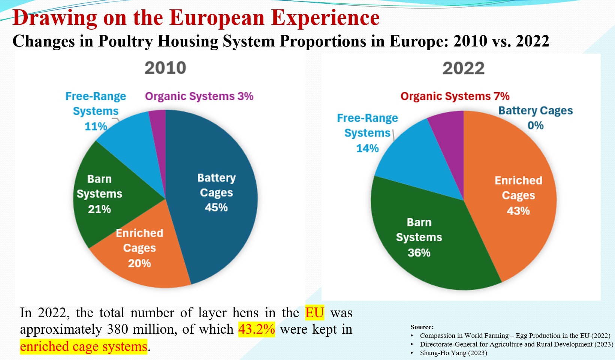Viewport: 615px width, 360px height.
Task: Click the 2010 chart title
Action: pyautogui.click(x=165, y=68)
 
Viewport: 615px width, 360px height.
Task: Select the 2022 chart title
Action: pyautogui.click(x=463, y=68)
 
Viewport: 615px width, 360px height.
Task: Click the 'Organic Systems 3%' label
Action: pyautogui.click(x=199, y=96)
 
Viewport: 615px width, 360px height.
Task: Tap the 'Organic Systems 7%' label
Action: pyautogui.click(x=455, y=96)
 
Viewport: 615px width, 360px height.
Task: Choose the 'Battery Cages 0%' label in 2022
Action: pyautogui.click(x=536, y=118)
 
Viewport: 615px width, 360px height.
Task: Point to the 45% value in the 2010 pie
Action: pyautogui.click(x=216, y=207)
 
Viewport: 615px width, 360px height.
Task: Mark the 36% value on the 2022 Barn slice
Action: pyautogui.click(x=419, y=252)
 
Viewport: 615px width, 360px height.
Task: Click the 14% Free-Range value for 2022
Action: pyautogui.click(x=367, y=148)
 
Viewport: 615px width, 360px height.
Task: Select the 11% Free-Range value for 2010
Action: pyautogui.click(x=96, y=126)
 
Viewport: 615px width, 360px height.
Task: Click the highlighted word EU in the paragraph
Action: pyautogui.click(x=314, y=312)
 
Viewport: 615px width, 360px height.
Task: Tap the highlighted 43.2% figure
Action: pyautogui.click(x=256, y=329)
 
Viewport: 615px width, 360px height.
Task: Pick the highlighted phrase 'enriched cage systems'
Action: pyautogui.click(x=84, y=346)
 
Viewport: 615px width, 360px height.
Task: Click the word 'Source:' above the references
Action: pyautogui.click(x=422, y=327)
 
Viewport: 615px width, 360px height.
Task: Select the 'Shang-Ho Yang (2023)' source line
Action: pyautogui.click(x=453, y=353)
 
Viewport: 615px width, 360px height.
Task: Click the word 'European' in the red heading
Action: pyautogui.click(x=217, y=18)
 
